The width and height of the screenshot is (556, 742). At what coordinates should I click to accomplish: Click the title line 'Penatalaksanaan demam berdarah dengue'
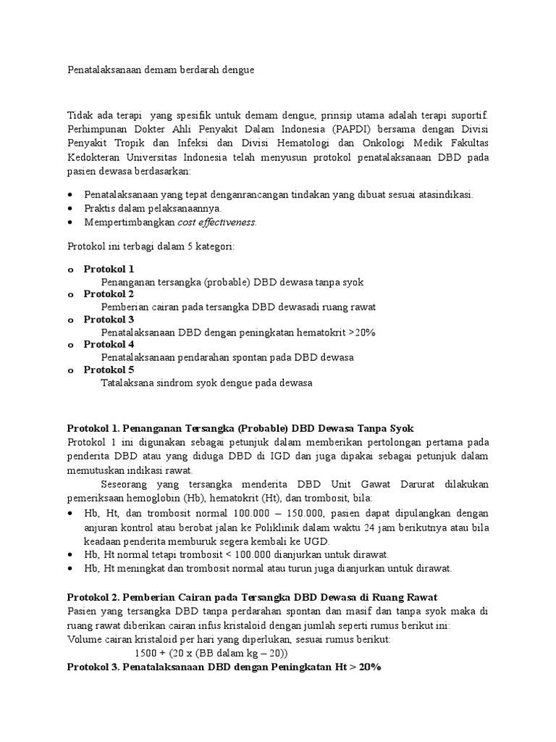click(161, 71)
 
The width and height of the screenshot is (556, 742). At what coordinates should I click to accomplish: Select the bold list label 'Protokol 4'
click(109, 345)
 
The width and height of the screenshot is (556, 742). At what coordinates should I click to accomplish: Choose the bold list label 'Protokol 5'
click(109, 370)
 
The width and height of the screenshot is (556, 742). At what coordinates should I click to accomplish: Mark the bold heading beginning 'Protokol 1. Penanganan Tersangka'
click(240, 428)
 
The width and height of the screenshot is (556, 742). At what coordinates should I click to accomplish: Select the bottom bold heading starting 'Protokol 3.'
click(224, 667)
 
